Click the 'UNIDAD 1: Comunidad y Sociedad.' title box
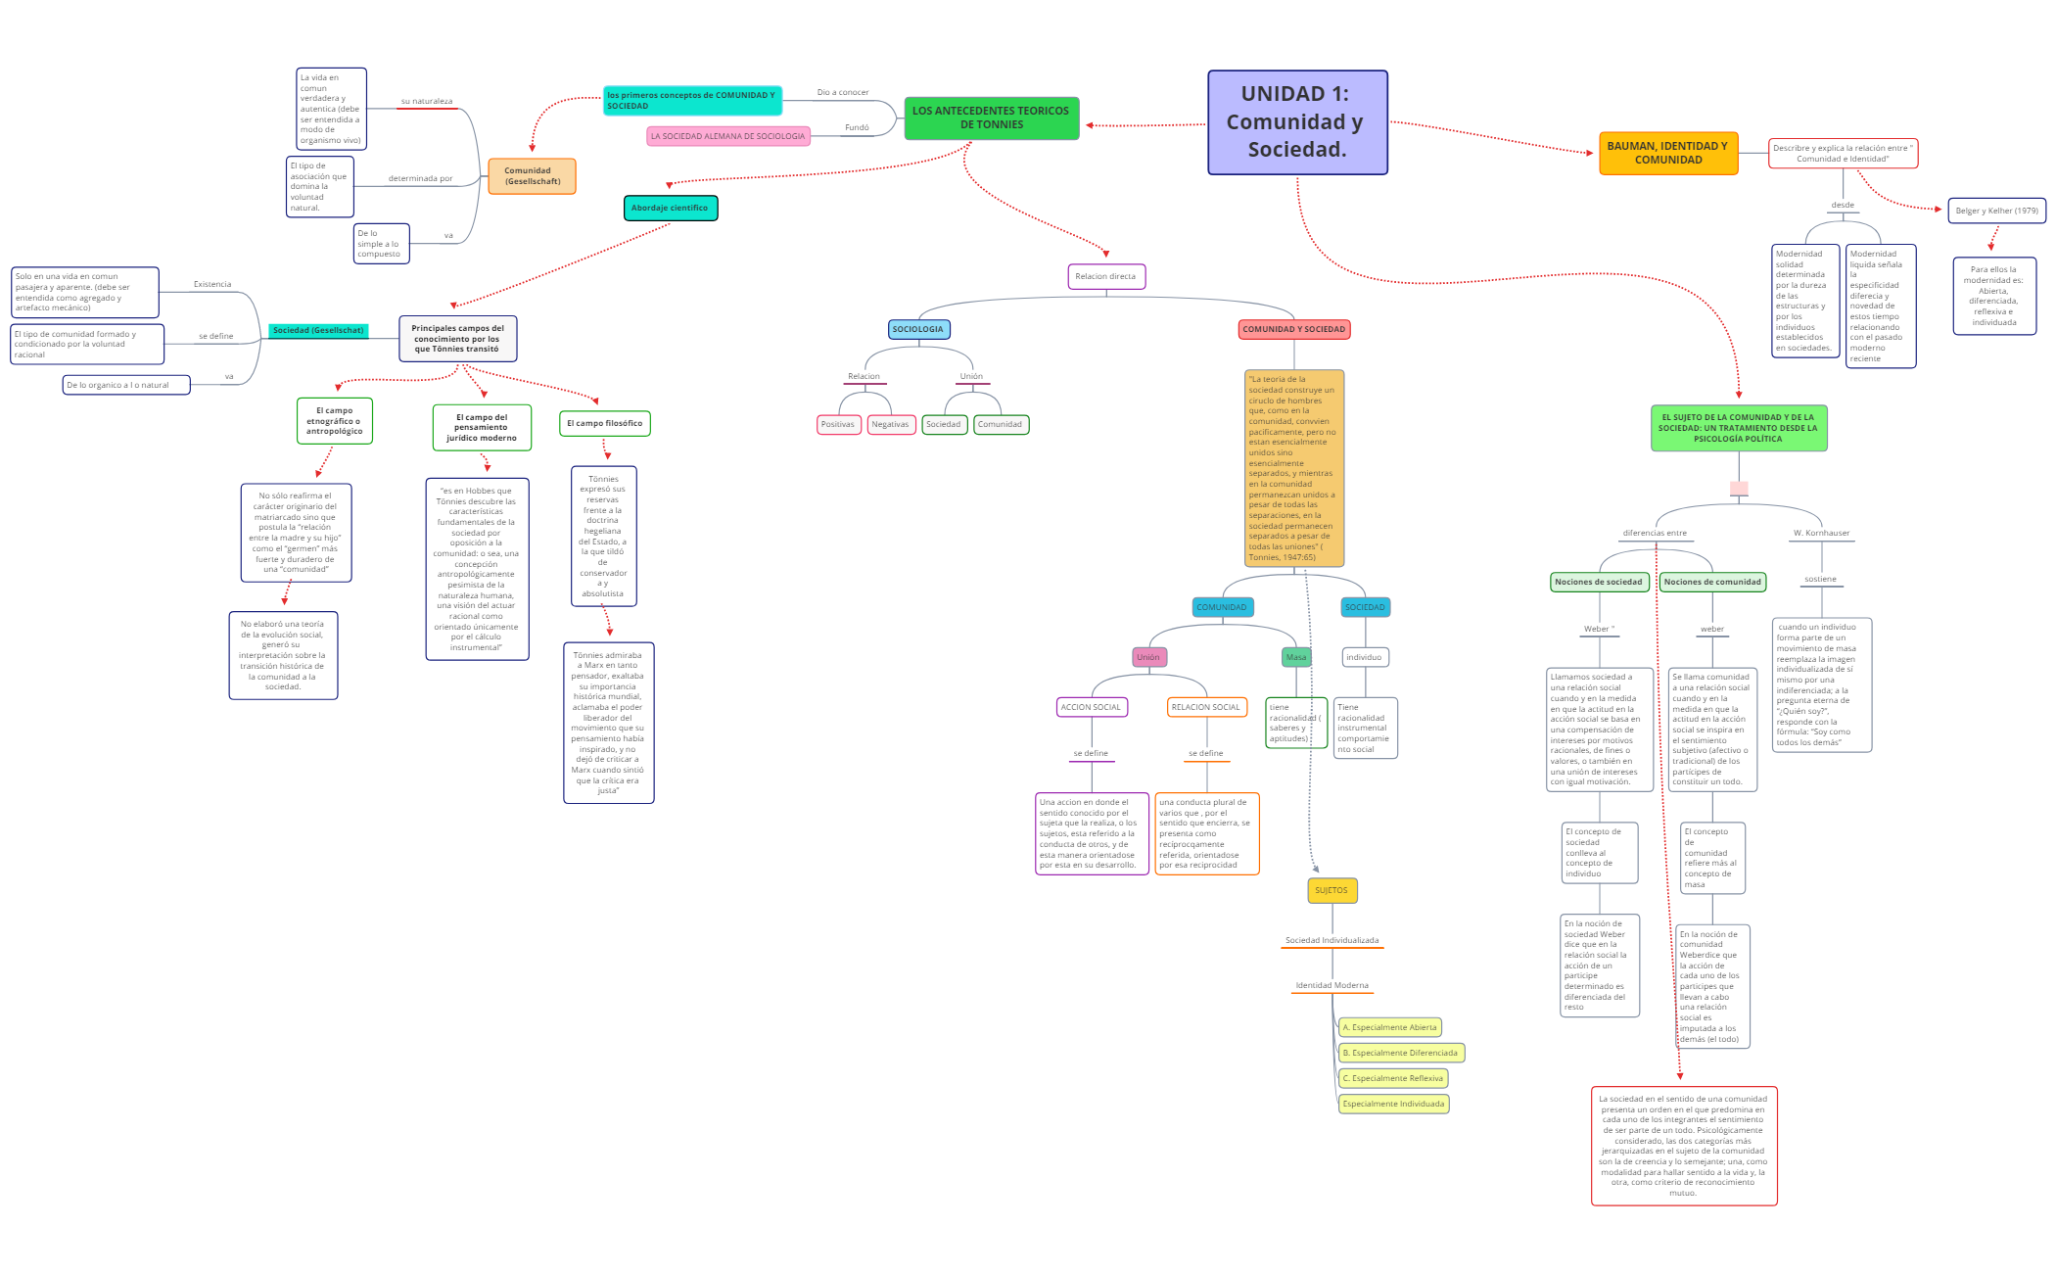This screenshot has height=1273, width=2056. tap(1297, 122)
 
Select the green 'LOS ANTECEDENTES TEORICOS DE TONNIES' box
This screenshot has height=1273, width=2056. tap(991, 118)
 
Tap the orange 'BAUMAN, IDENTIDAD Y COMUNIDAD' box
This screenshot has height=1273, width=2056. tap(1668, 154)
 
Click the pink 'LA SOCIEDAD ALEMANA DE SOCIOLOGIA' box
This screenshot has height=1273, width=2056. tap(728, 136)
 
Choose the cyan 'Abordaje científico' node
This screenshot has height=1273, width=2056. tap(671, 208)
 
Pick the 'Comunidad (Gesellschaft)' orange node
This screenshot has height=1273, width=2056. tap(532, 176)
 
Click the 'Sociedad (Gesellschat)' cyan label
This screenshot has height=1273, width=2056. tap(318, 331)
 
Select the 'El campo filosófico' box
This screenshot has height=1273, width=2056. tap(605, 424)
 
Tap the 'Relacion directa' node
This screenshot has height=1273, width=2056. tap(1106, 277)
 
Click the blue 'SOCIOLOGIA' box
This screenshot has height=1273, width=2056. tap(918, 330)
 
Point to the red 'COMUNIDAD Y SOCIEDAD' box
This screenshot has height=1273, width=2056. tap(1294, 330)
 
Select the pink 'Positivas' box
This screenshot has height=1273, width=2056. tap(838, 425)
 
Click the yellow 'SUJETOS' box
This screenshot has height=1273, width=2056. tap(1332, 891)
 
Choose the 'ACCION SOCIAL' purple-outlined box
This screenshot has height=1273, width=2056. tap(1092, 707)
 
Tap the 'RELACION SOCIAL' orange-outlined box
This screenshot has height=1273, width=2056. tap(1206, 707)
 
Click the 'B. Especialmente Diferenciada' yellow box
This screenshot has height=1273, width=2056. tap(1401, 1054)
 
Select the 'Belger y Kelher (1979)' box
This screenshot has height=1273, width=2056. tap(1996, 211)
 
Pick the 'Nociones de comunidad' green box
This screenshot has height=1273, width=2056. tap(1712, 583)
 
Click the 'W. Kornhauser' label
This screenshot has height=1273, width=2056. tap(1821, 534)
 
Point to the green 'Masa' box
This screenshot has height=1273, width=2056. tap(1296, 658)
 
